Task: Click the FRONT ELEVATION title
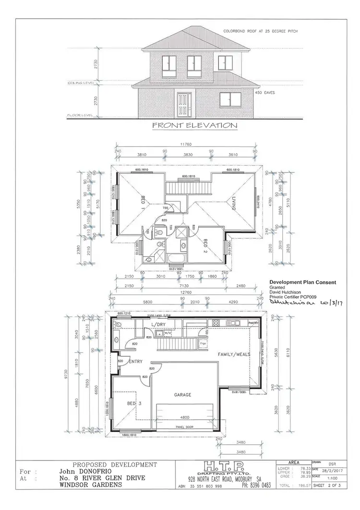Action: (x=194, y=126)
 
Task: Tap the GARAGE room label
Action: (x=182, y=395)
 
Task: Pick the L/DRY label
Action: (x=158, y=325)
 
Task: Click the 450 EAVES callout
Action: (x=264, y=93)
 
